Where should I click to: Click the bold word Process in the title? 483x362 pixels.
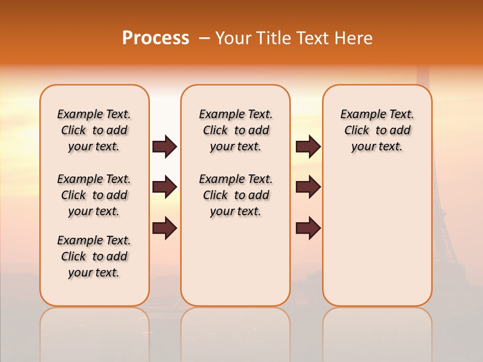point(155,38)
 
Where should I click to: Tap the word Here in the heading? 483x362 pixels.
point(354,38)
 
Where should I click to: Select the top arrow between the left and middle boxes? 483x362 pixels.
point(165,146)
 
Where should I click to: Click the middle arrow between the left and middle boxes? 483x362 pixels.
point(165,188)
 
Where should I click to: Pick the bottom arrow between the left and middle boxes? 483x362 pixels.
point(165,228)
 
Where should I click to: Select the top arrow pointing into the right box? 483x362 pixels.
point(308,146)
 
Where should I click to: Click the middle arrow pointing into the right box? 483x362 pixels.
point(308,188)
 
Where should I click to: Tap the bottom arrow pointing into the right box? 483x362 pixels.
point(308,228)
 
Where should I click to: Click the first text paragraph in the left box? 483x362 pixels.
point(94,130)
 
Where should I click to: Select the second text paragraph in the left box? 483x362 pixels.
point(94,195)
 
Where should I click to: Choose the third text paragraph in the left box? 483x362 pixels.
point(94,256)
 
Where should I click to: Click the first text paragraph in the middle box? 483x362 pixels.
point(235,130)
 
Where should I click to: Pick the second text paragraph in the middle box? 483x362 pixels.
point(235,195)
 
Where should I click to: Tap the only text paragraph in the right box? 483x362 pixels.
point(377,130)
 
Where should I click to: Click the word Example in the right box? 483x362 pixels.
point(359,114)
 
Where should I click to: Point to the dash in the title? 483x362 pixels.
point(204,38)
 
